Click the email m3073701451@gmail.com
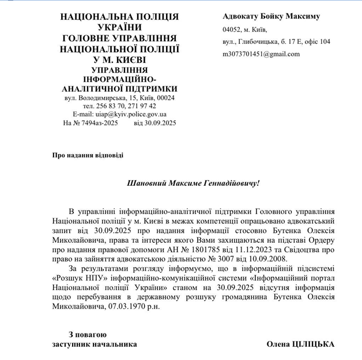point(261,54)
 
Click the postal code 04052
point(232,29)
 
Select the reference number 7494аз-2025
point(96,123)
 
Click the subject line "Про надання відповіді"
point(88,155)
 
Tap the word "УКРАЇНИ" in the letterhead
point(119,27)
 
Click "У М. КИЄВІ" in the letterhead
point(119,59)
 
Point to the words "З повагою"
point(88,334)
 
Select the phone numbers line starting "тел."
point(119,106)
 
